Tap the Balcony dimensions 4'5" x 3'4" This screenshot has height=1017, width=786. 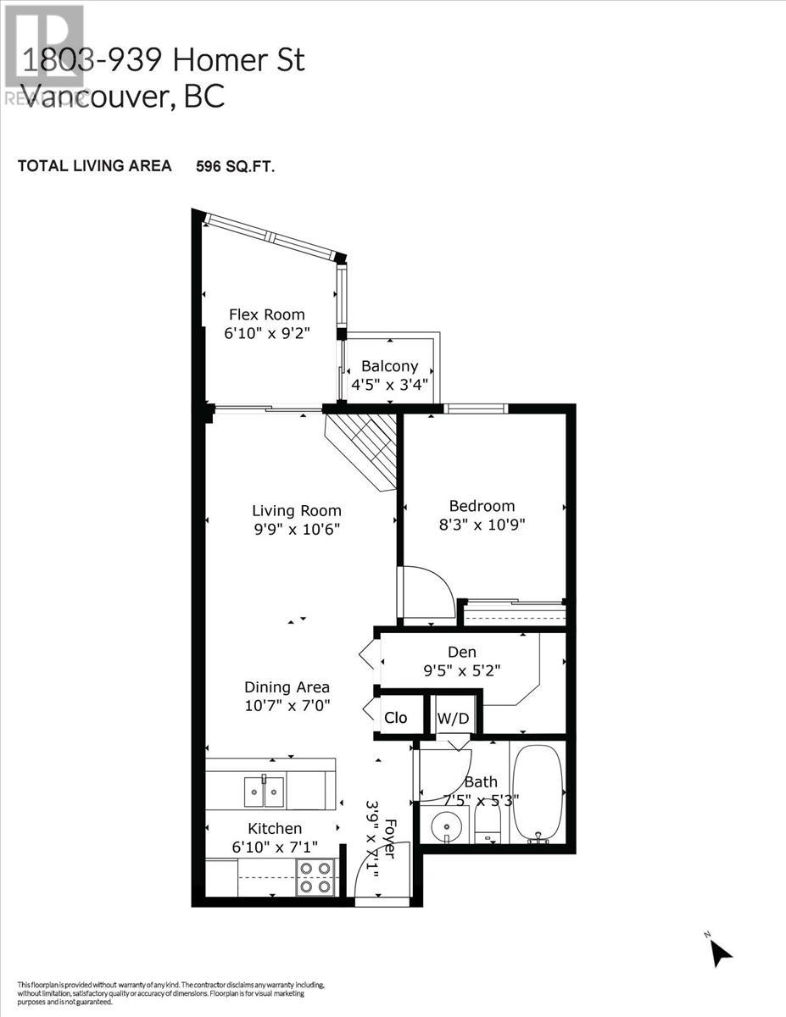[x=390, y=384]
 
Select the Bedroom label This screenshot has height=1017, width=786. [x=482, y=506]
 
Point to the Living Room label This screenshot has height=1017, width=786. [x=297, y=510]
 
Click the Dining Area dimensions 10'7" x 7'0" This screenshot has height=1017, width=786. [x=287, y=704]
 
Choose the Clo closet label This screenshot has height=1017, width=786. [x=396, y=718]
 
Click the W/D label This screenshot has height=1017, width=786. [x=453, y=719]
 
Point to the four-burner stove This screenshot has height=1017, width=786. [x=315, y=877]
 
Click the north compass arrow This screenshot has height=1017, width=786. [x=721, y=953]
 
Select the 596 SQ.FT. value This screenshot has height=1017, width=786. [x=236, y=166]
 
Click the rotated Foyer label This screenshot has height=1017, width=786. [x=390, y=838]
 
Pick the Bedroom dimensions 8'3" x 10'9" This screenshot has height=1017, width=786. [x=482, y=525]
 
